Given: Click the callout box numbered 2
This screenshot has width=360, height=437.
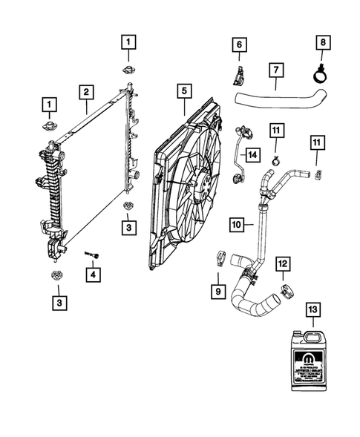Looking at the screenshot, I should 87,92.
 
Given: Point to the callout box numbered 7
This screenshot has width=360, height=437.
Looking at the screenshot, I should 274,71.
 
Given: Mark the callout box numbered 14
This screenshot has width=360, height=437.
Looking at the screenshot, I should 252,154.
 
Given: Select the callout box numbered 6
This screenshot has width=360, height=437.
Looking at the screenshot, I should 239,46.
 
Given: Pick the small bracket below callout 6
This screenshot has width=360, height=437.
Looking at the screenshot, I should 238,75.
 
